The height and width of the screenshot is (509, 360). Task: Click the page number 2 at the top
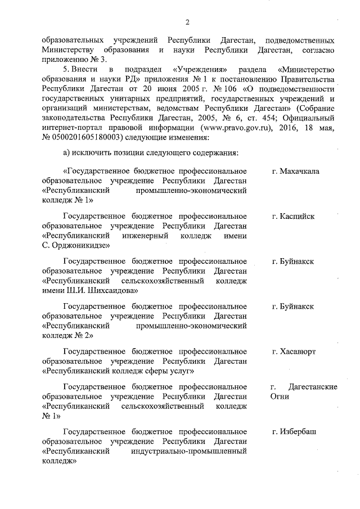click(x=187, y=22)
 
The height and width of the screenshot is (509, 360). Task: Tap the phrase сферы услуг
click(x=170, y=371)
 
